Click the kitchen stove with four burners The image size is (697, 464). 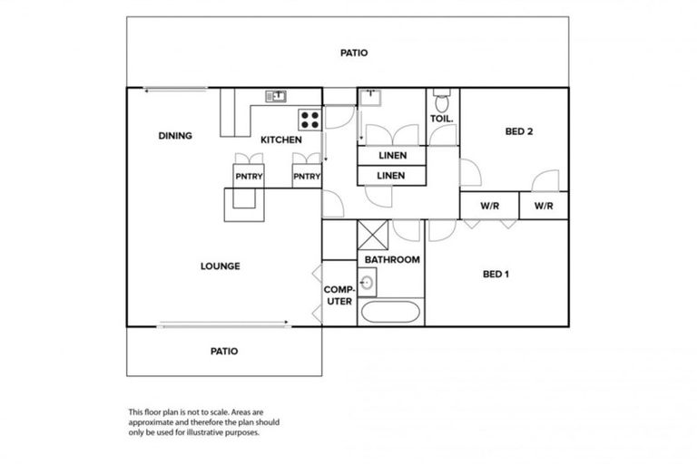[x=309, y=118]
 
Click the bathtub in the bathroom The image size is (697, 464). [x=389, y=314]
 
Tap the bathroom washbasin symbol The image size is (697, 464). [x=367, y=284]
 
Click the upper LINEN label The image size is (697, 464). [x=391, y=156]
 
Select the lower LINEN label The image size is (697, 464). [x=391, y=176]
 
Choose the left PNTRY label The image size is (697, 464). [x=249, y=177]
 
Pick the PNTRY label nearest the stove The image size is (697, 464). [x=307, y=177]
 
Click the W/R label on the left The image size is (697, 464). [x=489, y=206]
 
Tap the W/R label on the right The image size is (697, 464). [x=544, y=206]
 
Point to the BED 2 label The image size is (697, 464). [x=518, y=132]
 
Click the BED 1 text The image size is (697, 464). [x=495, y=273]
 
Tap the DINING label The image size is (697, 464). [x=175, y=136]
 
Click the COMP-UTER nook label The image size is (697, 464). [x=339, y=295]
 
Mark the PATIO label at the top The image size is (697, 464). [x=354, y=53]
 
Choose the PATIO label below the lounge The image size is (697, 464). [x=224, y=352]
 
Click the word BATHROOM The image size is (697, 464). [x=392, y=260]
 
